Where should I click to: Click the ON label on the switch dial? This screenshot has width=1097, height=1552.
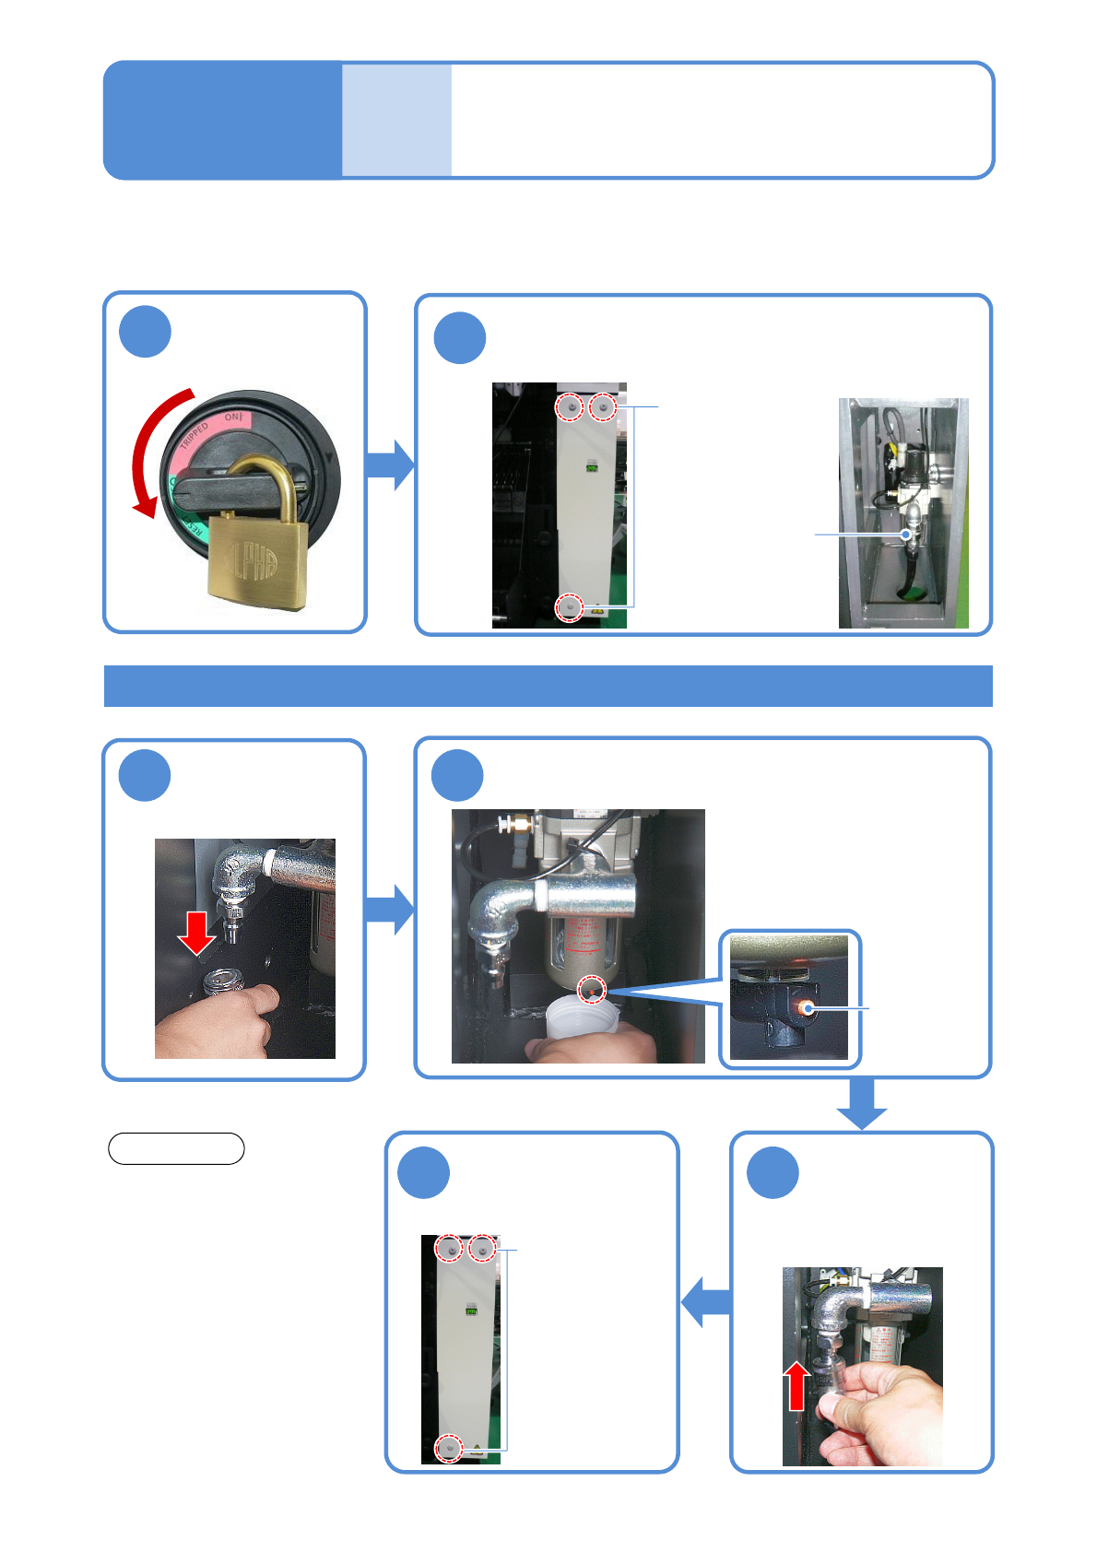[x=233, y=417]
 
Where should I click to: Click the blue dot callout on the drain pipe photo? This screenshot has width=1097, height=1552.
[x=906, y=535]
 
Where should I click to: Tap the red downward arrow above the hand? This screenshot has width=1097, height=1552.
[x=196, y=933]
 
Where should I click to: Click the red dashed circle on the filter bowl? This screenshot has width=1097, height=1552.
[x=592, y=990]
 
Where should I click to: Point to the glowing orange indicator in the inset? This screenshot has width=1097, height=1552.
[x=808, y=1008]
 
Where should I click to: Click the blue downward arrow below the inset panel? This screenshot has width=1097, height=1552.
[x=862, y=1103]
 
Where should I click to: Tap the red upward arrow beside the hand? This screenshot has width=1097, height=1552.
[x=798, y=1386]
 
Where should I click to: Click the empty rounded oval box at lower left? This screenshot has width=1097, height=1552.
[x=176, y=1148]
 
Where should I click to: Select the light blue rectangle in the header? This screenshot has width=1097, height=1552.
[x=396, y=120]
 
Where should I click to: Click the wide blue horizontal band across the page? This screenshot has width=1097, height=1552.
[x=548, y=686]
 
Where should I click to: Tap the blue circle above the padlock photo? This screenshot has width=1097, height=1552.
[x=146, y=332]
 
